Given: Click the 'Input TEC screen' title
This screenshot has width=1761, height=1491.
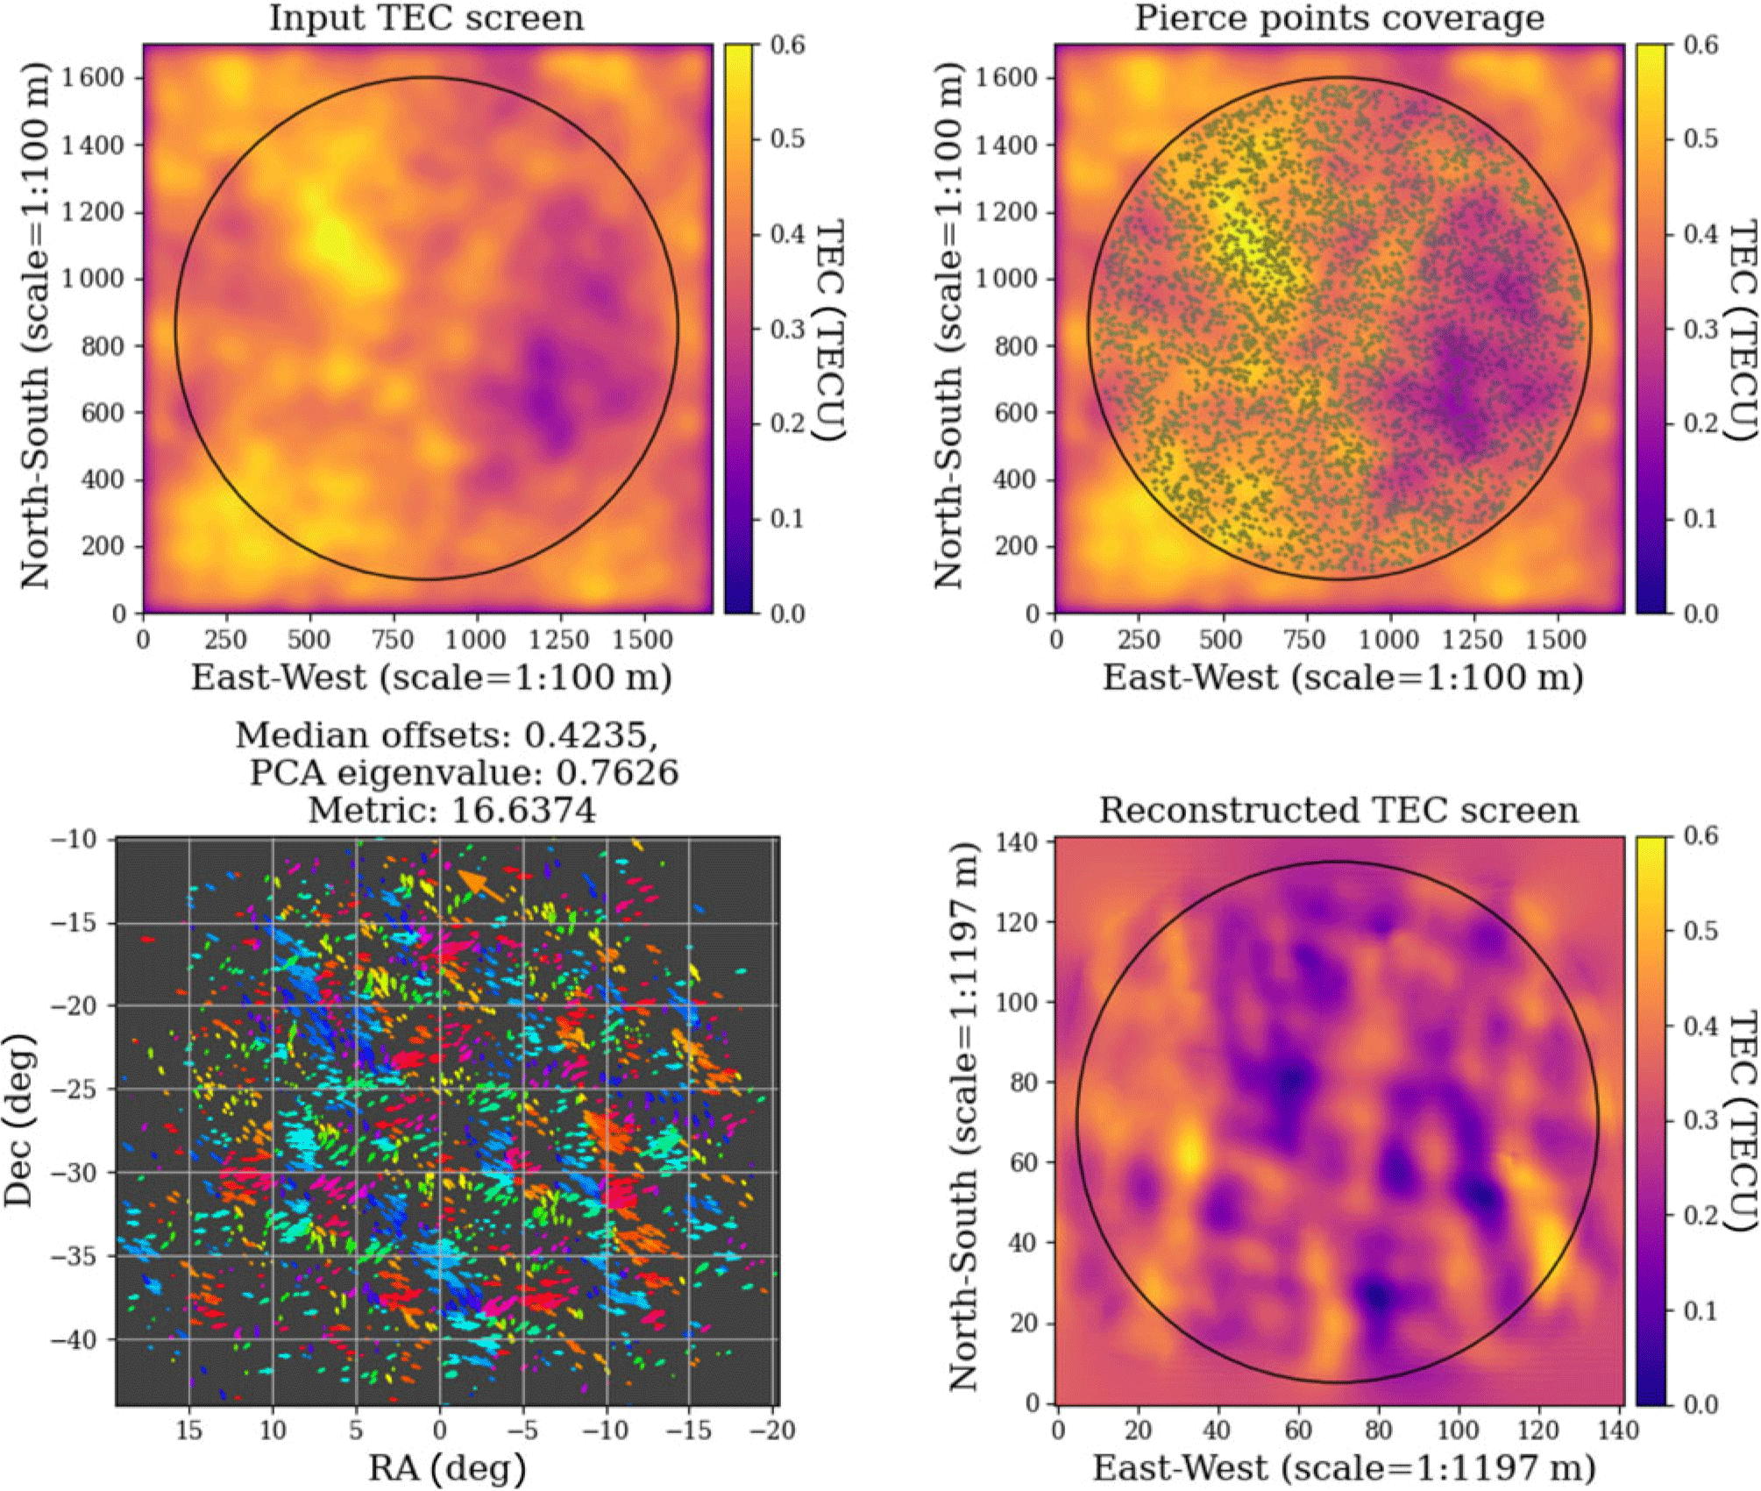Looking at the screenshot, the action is [x=427, y=18].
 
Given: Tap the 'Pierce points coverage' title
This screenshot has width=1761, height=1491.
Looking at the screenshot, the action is [x=1339, y=18].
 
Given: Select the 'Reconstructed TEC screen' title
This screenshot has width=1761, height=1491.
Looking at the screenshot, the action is [x=1339, y=810].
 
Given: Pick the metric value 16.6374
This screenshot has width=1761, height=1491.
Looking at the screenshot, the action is [x=523, y=810].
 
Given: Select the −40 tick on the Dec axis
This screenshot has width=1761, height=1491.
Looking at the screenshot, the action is [x=76, y=1339].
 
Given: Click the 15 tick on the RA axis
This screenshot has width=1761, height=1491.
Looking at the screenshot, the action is [x=189, y=1431].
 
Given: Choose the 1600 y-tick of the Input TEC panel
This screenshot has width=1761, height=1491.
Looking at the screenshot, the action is [x=92, y=77].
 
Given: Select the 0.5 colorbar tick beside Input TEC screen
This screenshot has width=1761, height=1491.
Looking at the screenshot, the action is [x=786, y=138].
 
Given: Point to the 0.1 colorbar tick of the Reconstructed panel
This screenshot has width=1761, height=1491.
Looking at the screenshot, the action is [x=1700, y=1310].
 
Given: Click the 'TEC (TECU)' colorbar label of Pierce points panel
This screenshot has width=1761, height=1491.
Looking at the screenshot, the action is [x=1742, y=330].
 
